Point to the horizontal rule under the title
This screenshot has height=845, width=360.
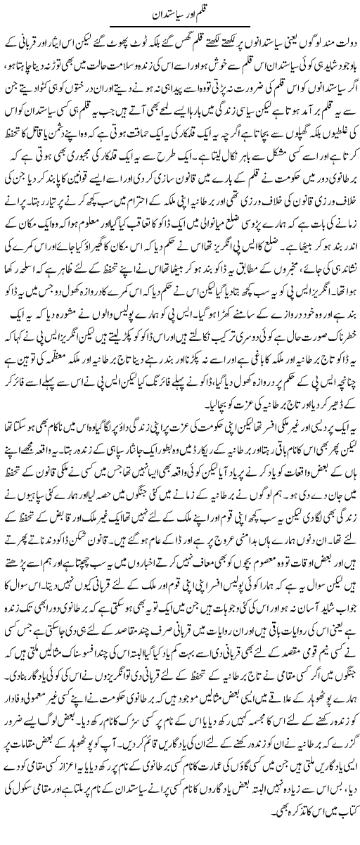click(x=184, y=26)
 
